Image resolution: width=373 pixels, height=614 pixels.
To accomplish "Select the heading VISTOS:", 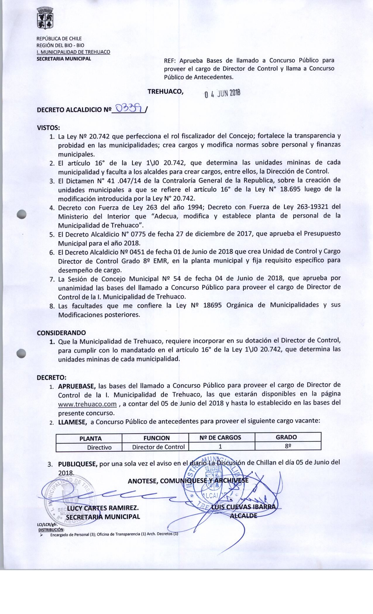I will [48, 128].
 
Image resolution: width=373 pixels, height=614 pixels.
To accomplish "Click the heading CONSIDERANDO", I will [61, 333].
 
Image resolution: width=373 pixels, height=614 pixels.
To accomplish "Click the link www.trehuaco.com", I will [87, 404].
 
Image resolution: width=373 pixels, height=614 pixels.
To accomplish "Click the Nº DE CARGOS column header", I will [220, 437].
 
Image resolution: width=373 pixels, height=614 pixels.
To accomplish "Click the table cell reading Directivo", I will [99, 447].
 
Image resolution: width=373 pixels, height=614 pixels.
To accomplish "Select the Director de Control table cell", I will [158, 447].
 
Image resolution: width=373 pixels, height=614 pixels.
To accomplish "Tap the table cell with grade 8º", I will [288, 446].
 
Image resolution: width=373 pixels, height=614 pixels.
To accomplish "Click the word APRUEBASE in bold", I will [77, 386].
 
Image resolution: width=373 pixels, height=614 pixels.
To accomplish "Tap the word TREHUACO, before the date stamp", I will [166, 91].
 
